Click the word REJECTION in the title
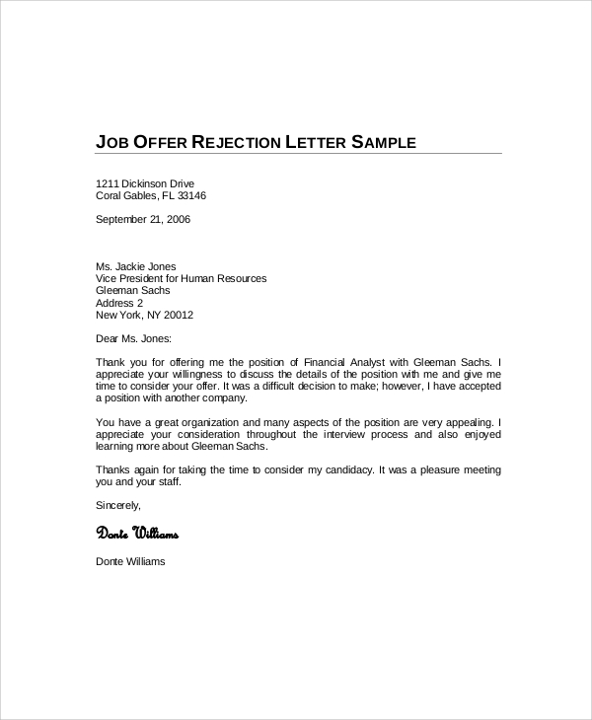(x=233, y=142)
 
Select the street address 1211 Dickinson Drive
(x=145, y=183)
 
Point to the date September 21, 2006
(x=143, y=219)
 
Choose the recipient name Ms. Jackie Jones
(x=137, y=267)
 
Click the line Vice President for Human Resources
(x=181, y=279)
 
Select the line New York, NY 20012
(x=144, y=316)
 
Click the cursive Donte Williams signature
(x=137, y=534)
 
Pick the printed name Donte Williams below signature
(x=130, y=562)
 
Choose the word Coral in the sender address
(x=110, y=195)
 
